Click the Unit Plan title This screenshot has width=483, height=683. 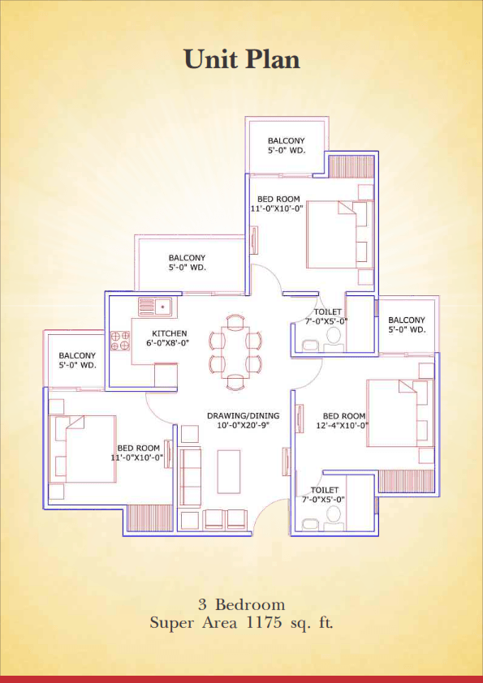pyautogui.click(x=242, y=58)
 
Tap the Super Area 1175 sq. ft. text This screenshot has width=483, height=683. pyautogui.click(x=242, y=622)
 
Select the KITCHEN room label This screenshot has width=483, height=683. pyautogui.click(x=170, y=333)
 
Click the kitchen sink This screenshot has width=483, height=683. pyautogui.click(x=155, y=307)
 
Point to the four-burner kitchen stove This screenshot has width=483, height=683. pyautogui.click(x=120, y=341)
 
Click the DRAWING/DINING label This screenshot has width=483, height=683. pyautogui.click(x=244, y=415)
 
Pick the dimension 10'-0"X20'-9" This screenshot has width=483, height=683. pyautogui.click(x=244, y=425)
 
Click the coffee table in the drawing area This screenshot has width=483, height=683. pyautogui.click(x=229, y=472)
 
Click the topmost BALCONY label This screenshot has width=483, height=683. pyautogui.click(x=287, y=140)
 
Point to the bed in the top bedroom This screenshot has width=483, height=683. pyautogui.click(x=340, y=234)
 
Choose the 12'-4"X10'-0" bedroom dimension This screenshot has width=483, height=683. pyautogui.click(x=343, y=425)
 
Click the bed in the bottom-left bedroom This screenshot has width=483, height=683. pyautogui.click(x=82, y=449)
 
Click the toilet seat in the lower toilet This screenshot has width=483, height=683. pyautogui.click(x=334, y=515)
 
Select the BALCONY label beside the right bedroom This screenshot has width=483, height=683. pyautogui.click(x=407, y=320)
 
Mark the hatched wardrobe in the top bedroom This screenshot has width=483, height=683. pyautogui.click(x=351, y=166)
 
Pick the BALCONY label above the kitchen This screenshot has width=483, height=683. pyautogui.click(x=187, y=258)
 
